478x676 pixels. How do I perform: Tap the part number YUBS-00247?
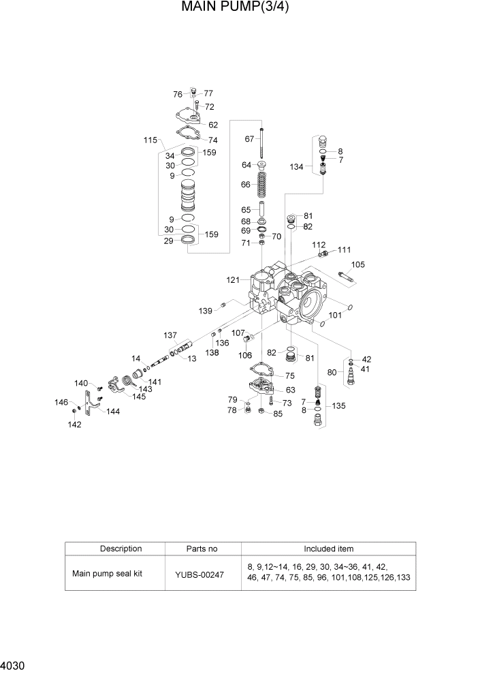point(202,574)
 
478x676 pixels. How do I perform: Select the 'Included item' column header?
point(328,549)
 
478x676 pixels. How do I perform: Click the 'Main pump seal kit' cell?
point(108,573)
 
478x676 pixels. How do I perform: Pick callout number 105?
point(358,265)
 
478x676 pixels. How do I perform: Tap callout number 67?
point(249,139)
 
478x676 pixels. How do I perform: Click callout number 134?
point(296,166)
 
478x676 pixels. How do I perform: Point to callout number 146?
point(61,403)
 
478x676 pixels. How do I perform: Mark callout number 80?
point(332,372)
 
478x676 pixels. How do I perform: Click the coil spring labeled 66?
point(261,184)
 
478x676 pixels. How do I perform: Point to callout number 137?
point(170,335)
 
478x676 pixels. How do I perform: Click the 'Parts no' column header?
point(202,549)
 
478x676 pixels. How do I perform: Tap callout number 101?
point(335,316)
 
